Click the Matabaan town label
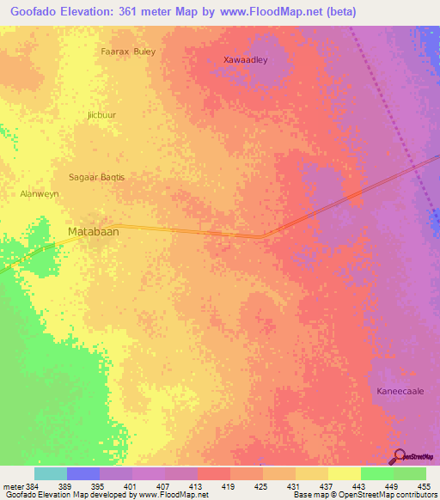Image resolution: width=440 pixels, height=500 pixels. (x=92, y=232)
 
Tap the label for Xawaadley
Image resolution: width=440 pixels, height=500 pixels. (x=246, y=60)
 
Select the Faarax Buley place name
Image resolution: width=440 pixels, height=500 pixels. (x=129, y=52)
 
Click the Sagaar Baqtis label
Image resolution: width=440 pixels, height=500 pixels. (x=96, y=177)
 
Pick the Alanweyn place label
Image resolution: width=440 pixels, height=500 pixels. (x=40, y=195)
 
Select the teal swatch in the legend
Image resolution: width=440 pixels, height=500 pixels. (x=51, y=473)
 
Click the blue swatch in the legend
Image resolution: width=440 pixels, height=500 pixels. (x=83, y=473)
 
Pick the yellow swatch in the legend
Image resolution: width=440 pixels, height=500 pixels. (x=345, y=473)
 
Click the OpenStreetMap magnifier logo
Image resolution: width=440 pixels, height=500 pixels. (x=397, y=456)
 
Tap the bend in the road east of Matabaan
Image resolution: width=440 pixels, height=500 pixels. (x=263, y=235)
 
